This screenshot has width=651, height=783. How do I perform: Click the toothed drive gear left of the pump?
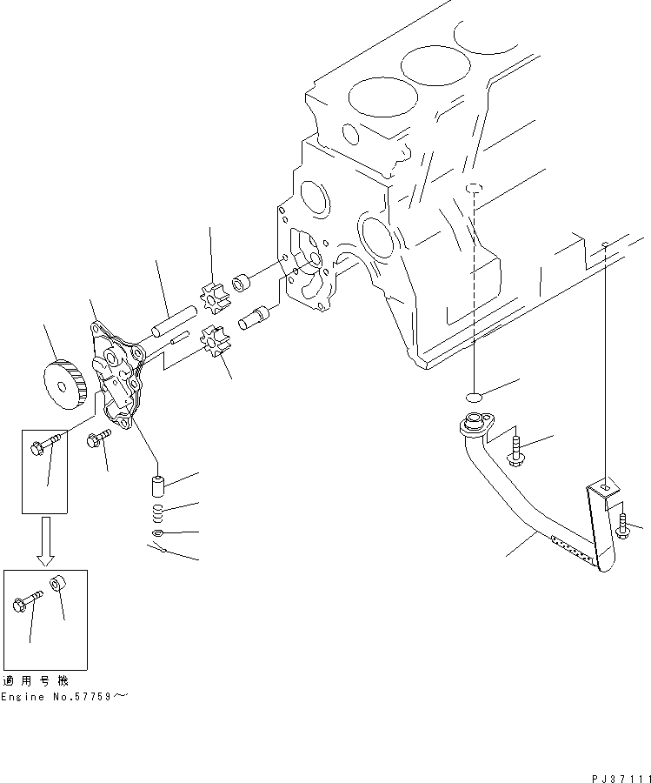[x=63, y=382]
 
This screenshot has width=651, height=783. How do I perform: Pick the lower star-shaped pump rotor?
[x=213, y=338]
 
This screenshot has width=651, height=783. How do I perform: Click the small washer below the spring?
[x=158, y=532]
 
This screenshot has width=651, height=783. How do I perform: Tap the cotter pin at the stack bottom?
[x=156, y=549]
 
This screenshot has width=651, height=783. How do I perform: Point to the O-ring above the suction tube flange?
[x=475, y=396]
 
